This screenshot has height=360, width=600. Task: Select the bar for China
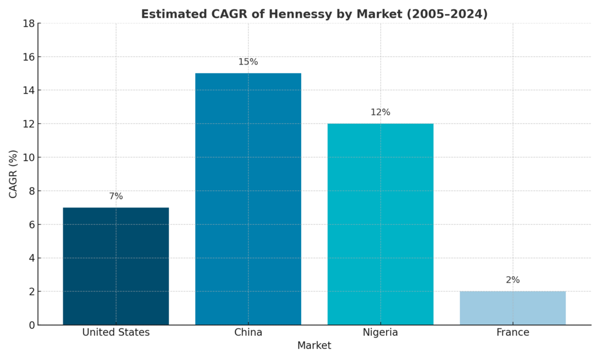[x=248, y=199]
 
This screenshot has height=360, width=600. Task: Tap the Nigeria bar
[x=380, y=224]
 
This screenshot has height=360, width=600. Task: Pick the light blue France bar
[x=513, y=308]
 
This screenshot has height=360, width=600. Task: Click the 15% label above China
[x=248, y=62]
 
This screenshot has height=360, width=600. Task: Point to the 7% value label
[x=116, y=196]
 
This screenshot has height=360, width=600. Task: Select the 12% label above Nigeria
[x=380, y=113]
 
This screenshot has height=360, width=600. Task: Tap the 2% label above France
[x=513, y=280]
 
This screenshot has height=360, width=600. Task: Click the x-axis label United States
[x=116, y=332]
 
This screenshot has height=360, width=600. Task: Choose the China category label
[x=248, y=332]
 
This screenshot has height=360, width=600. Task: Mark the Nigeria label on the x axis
[x=380, y=332]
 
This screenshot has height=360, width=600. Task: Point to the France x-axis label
[x=513, y=332]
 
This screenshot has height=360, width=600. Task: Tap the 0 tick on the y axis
[x=32, y=325]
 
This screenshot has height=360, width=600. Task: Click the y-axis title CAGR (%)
[x=13, y=174]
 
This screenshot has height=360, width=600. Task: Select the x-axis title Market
[x=314, y=346]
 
